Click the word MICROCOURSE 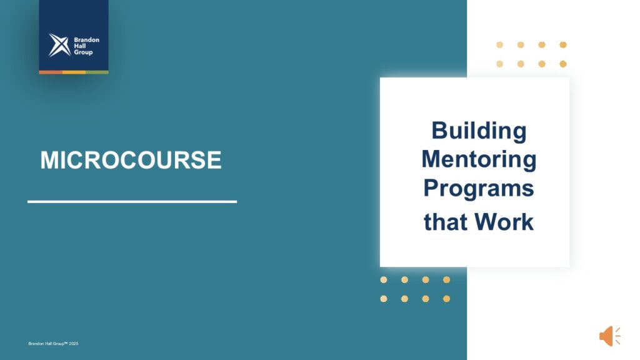(131, 159)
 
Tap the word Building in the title (479, 131)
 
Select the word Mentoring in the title (479, 159)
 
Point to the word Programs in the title (479, 189)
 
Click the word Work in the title (504, 222)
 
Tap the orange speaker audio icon (610, 336)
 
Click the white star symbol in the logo (59, 45)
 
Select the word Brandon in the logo (86, 39)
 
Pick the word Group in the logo (83, 52)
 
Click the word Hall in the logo (80, 46)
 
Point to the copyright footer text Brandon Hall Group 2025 (53, 344)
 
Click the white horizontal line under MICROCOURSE (132, 202)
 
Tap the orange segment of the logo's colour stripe (51, 72)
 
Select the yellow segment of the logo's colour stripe (74, 72)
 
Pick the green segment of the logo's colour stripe (97, 72)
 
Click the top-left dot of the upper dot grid (499, 45)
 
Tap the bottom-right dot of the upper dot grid (563, 64)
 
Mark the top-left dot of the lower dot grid (384, 279)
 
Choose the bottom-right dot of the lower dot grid (446, 299)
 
